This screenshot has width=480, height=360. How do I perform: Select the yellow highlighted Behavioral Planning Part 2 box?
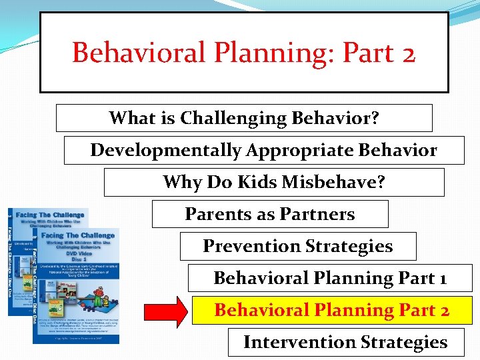pyautogui.click(x=331, y=310)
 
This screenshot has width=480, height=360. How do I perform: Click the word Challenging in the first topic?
pyautogui.click(x=235, y=118)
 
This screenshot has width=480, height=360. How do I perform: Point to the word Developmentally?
pyautogui.click(x=166, y=150)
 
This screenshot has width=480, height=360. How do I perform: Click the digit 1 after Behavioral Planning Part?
pyautogui.click(x=442, y=278)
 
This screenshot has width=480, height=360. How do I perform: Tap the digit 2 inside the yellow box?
pyautogui.click(x=444, y=310)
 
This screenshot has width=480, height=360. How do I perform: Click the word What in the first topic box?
pyautogui.click(x=131, y=118)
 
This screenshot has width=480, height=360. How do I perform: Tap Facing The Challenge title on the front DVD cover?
pyautogui.click(x=79, y=235)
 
